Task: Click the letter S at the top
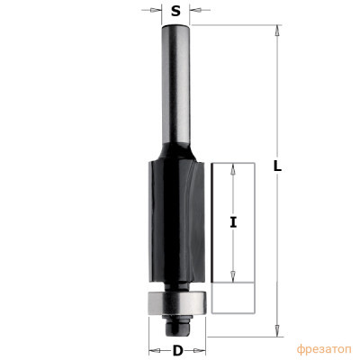pyautogui.click(x=175, y=11)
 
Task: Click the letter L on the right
pyautogui.click(x=277, y=166)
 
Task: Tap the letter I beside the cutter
pyautogui.click(x=233, y=222)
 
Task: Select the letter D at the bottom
pyautogui.click(x=177, y=350)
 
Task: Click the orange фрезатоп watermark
pyautogui.click(x=324, y=349)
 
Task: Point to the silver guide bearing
pyautogui.click(x=177, y=302)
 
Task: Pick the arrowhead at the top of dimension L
pyautogui.click(x=277, y=31)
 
